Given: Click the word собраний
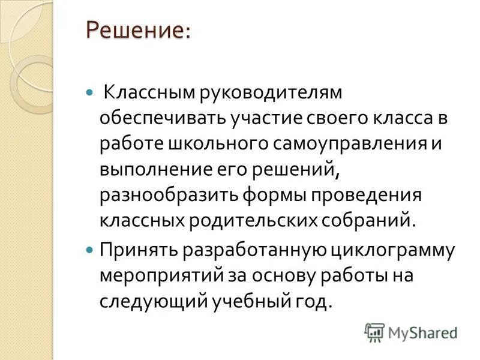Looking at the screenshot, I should coord(371,220).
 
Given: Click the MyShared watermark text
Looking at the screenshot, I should coord(422,332).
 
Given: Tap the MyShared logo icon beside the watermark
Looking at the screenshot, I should coord(374,332).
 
